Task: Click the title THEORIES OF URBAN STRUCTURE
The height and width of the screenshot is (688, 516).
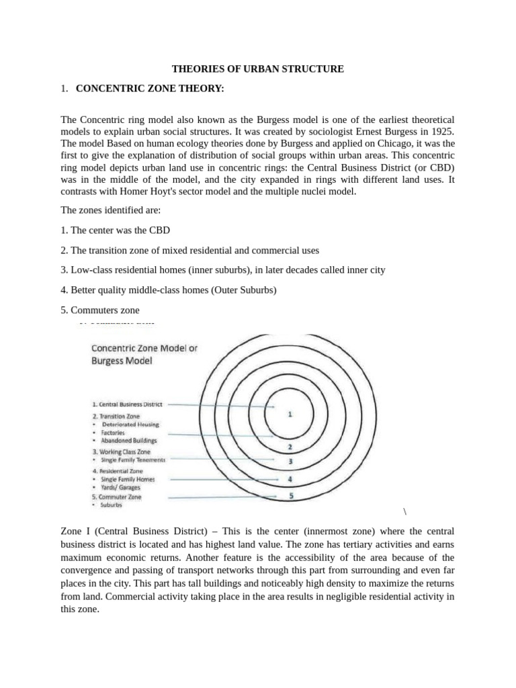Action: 258,69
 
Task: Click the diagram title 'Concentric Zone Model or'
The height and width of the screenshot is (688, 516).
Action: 144,348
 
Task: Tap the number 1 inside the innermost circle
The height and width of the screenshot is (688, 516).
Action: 290,415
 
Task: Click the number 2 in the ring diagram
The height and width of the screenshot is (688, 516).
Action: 290,447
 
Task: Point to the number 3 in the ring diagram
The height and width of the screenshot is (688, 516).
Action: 290,462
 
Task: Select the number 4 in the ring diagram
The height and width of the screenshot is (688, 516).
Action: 290,479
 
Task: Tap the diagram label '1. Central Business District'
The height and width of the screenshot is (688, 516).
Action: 127,404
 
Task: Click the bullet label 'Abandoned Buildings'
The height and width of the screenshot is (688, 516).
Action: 129,441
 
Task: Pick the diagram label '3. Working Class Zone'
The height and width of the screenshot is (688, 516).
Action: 121,452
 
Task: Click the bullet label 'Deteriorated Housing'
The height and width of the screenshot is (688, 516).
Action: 130,425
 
